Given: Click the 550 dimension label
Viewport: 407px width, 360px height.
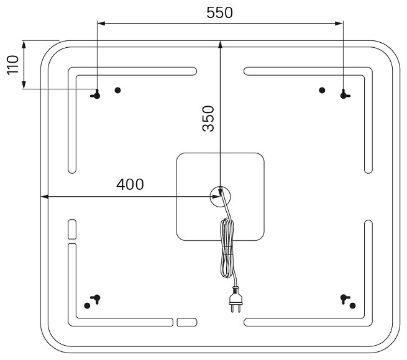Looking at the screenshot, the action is pos(219,12).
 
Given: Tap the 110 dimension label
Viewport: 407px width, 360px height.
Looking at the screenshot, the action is pos(12,65).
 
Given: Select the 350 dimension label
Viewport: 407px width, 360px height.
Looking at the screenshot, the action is pos(208,119).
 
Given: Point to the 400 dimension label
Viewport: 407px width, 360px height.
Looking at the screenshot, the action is pos(130,184).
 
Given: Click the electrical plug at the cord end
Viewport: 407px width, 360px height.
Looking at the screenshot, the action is pos(236,299).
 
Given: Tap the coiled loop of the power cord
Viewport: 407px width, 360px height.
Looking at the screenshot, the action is pos(227,248).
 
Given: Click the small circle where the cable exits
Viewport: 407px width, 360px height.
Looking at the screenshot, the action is pos(220,197).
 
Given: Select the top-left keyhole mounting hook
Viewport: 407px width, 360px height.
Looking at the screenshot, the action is pos(96,94).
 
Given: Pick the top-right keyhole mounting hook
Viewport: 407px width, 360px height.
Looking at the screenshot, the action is pos(345,94).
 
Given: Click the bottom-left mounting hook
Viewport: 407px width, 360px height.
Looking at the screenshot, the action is pos(96,299).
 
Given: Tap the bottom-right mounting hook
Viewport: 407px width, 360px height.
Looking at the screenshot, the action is pos(345,299).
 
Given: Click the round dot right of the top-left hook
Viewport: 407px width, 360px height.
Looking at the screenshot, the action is pos(117,90).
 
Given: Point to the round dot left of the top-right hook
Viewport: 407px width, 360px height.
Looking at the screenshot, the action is pos(322,90).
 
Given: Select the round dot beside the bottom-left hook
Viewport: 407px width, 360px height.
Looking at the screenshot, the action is pos(87,306).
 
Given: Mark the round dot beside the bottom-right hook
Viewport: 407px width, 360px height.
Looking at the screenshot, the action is pos(352,306).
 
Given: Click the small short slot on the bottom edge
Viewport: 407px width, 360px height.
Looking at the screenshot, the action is pos(187,322).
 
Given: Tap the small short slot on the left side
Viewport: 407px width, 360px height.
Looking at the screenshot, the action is pos(72,229).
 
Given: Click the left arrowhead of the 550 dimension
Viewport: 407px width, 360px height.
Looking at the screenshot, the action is pos(101,24).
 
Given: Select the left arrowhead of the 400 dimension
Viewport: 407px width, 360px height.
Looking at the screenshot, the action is pos(45,197).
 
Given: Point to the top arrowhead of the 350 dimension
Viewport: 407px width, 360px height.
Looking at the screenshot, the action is pos(220,44).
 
